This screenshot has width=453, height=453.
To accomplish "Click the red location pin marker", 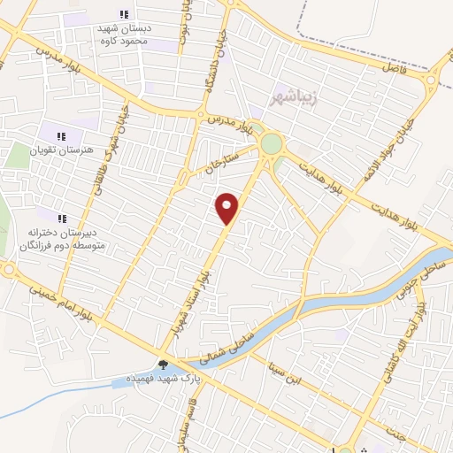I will click(227, 208).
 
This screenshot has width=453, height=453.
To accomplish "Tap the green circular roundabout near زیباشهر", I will click(271, 143).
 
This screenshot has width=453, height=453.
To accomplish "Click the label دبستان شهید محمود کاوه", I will click(124, 34).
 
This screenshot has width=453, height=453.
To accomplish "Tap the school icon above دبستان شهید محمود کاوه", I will click(123, 15).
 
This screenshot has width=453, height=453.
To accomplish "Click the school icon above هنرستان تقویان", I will click(61, 135).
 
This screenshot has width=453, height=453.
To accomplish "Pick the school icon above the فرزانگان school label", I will click(61, 218).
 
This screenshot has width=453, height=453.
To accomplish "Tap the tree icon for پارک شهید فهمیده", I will click(163, 364).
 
